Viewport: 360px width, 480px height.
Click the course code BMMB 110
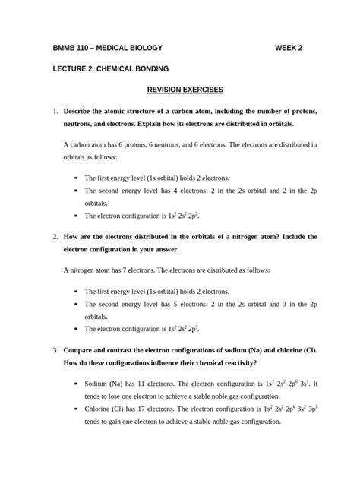point(72,48)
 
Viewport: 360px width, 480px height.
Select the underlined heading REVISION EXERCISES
point(179,90)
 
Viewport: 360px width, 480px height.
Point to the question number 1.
point(55,112)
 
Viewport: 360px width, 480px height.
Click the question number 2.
point(55,236)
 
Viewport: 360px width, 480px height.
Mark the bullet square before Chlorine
point(77,409)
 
